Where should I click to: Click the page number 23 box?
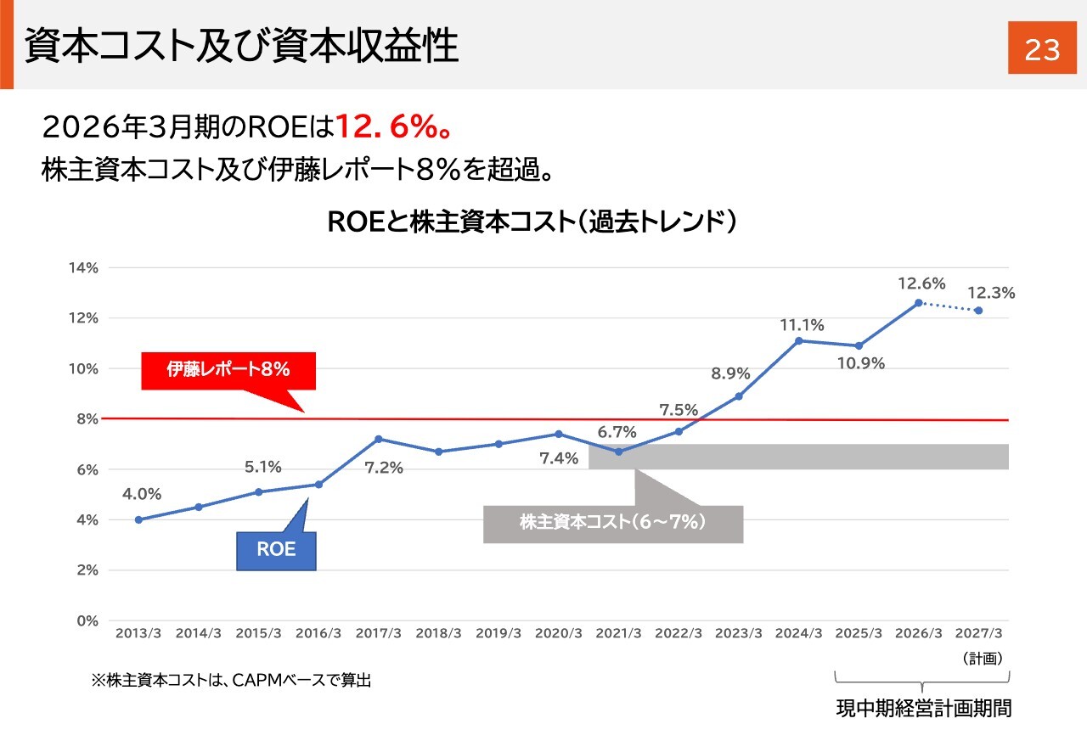point(1042,48)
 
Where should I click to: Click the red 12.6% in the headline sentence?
point(387,127)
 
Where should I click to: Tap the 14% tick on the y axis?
point(83,268)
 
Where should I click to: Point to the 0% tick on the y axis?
point(87,620)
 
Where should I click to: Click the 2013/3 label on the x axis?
point(138,633)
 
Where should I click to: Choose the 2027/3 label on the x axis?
point(978,633)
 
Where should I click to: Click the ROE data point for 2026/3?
point(919,303)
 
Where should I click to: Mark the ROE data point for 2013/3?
point(138,519)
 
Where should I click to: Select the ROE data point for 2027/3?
point(979,311)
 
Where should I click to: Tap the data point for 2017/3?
point(379,439)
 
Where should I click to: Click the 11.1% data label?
point(802,325)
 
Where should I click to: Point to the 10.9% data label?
point(861,363)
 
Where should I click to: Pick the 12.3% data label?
point(991,293)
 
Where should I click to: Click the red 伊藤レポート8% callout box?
point(228,371)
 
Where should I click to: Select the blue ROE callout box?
point(276,551)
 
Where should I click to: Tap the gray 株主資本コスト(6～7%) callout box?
point(613,524)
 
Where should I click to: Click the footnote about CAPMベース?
point(231,680)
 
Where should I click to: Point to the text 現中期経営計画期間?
point(924,709)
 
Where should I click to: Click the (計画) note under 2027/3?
point(983,659)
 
